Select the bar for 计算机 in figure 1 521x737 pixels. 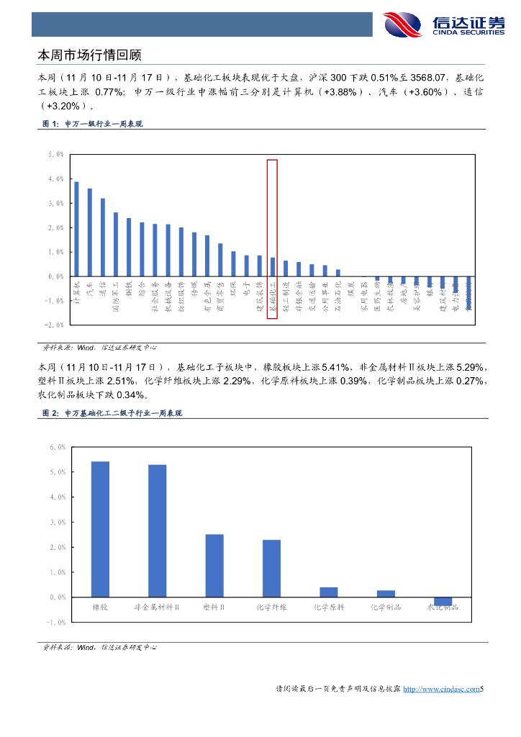(76, 229)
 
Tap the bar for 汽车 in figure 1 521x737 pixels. (89, 232)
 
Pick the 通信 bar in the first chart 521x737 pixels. (102, 238)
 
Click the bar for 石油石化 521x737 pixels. (338, 273)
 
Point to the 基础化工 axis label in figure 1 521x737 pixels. (273, 299)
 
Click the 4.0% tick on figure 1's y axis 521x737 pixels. (55, 178)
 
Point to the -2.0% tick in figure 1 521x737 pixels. (55, 325)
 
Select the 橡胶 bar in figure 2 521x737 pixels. (100, 529)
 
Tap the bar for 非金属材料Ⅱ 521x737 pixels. (157, 531)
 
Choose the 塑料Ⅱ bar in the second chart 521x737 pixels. (214, 566)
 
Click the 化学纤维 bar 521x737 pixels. (271, 569)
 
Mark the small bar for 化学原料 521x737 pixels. (329, 592)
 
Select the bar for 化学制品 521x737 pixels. (386, 594)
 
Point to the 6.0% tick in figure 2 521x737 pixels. (58, 447)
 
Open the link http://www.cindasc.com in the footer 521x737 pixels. (440, 689)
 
